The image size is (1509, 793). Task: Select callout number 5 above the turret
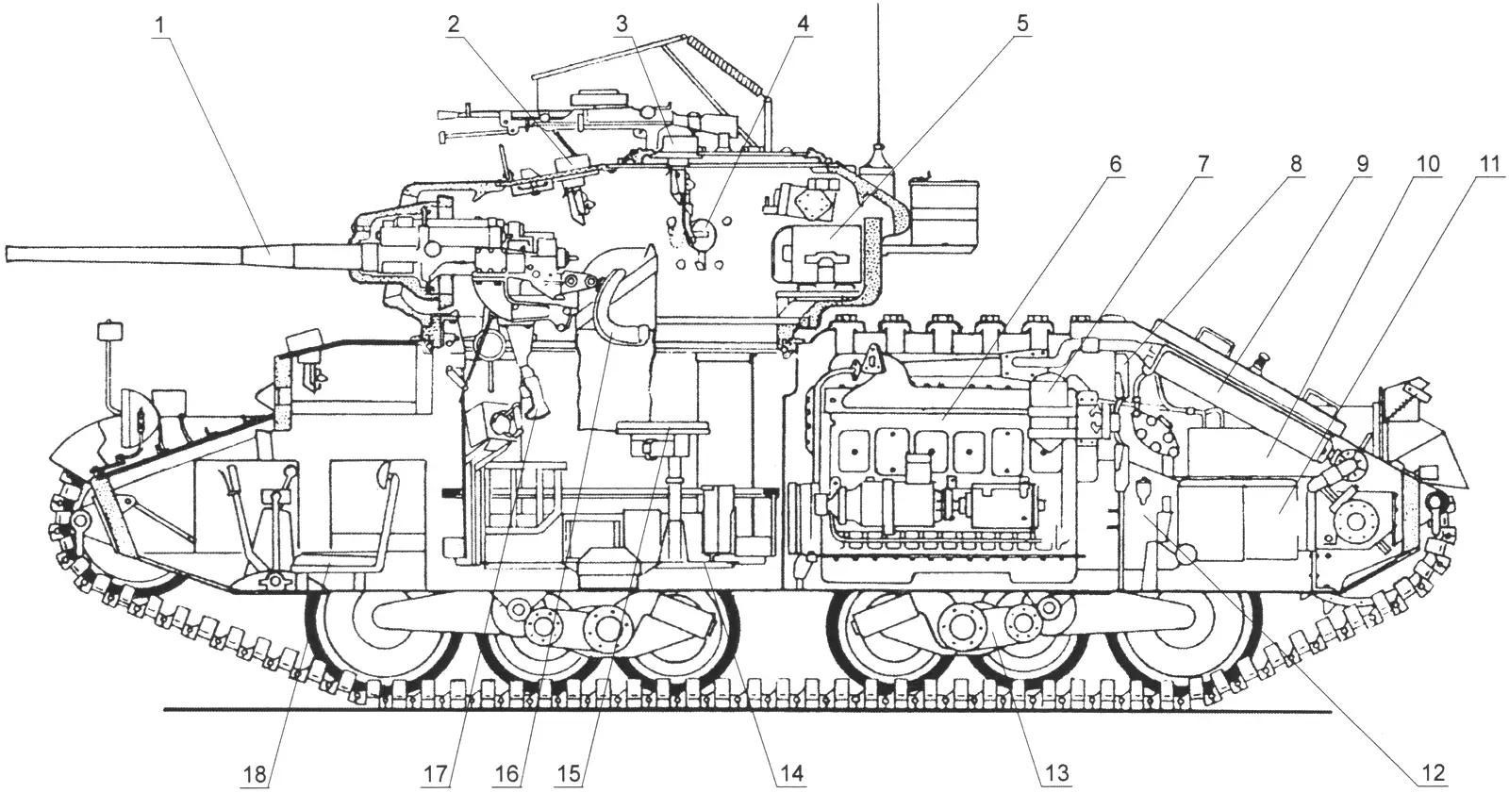(x=1022, y=25)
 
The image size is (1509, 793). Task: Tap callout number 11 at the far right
(x=1488, y=164)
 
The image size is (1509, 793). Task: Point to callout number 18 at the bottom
(x=256, y=775)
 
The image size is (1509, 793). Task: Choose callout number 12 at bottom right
(x=1434, y=773)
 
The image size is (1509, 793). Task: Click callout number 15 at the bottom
(x=570, y=775)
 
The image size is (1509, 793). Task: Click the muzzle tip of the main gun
(x=7, y=255)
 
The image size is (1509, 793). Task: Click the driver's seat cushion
(x=337, y=560)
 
